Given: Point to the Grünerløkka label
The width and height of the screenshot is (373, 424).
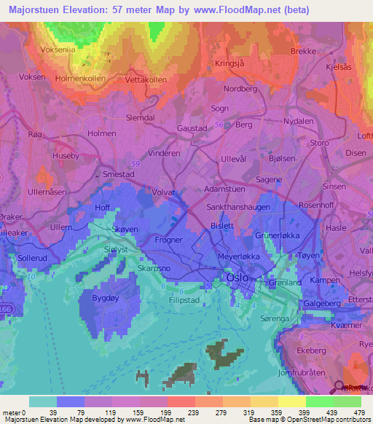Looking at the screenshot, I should [280, 236].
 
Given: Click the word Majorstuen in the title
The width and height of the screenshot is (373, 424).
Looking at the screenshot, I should [35, 10].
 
